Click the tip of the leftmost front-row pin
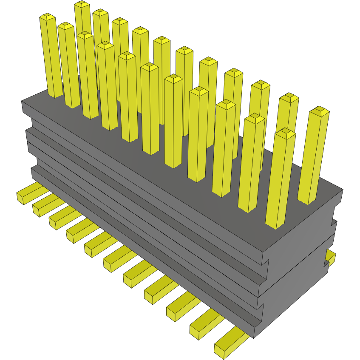48,17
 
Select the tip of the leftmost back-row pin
82,5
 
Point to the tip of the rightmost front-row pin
285,133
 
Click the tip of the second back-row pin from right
289,98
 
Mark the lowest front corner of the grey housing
254,338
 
